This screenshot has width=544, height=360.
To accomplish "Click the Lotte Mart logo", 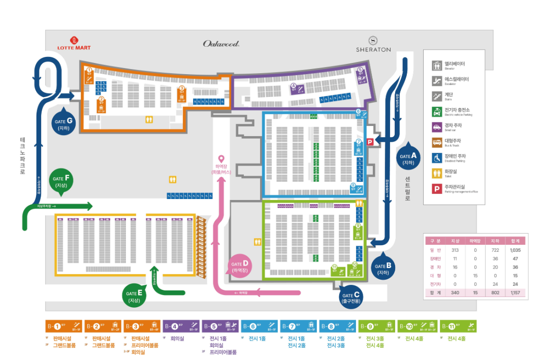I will coord(74,44).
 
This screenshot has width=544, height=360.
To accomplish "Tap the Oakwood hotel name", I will coord(221,44).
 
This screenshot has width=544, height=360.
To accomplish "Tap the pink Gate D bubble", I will coord(240,266).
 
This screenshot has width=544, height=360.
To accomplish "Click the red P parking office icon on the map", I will coord(370,143).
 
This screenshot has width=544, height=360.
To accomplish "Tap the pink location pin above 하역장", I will coord(221,160).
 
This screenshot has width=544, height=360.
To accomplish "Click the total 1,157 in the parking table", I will coord(516,293).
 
